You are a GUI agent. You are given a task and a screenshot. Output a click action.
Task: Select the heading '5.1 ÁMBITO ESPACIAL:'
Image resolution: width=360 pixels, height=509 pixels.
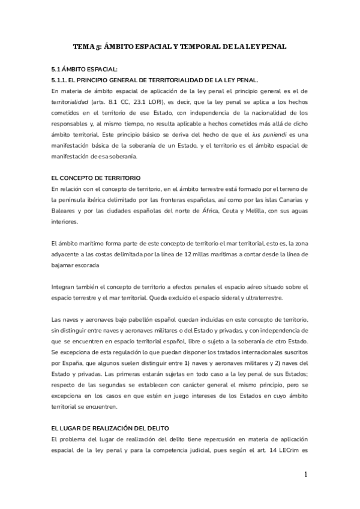point(85,69)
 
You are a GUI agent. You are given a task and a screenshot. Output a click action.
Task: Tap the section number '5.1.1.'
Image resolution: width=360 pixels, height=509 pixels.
point(61,80)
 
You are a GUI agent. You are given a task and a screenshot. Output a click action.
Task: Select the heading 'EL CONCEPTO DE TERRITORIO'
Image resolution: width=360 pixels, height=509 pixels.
point(96,178)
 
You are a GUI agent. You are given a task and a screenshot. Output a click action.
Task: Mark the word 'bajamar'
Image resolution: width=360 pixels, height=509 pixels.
point(65,265)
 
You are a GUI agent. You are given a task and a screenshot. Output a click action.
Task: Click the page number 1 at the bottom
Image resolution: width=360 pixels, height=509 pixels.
point(305,475)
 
